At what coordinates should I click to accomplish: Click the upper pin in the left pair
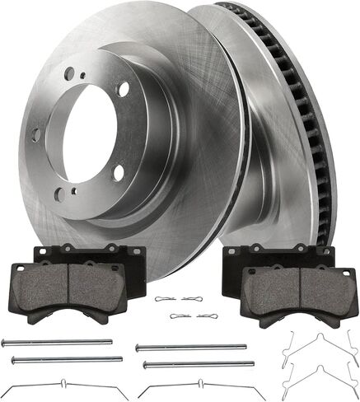click(57, 342)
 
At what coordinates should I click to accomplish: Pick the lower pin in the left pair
click(66, 359)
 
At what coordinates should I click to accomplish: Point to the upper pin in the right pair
click(189, 347)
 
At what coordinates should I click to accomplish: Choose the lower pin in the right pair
click(191, 362)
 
